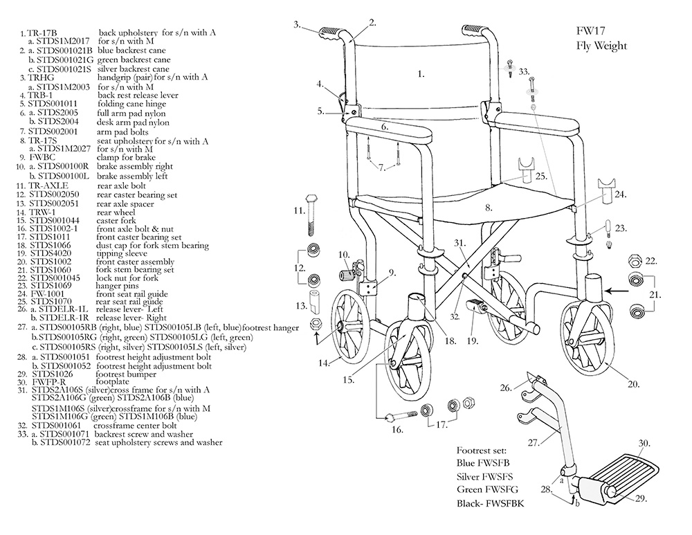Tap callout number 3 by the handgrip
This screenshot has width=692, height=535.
pyautogui.click(x=296, y=25)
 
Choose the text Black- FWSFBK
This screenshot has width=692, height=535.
pyautogui.click(x=491, y=503)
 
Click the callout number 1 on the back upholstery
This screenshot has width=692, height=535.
pyautogui.click(x=421, y=72)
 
